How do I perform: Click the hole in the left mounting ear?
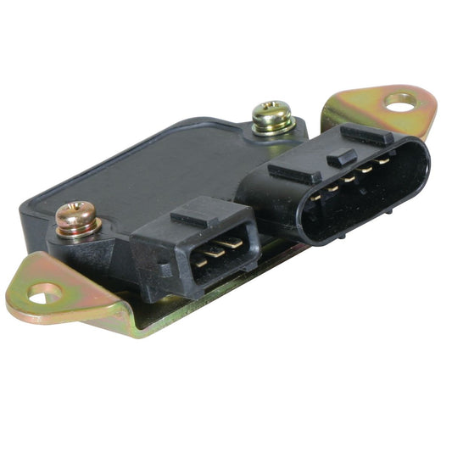(45, 293)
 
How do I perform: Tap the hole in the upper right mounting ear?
(400, 101)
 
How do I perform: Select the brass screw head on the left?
(76, 218)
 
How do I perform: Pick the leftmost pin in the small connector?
(201, 259)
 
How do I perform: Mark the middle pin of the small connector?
(218, 250)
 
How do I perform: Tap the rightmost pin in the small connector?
(235, 243)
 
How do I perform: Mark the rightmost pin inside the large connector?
(386, 159)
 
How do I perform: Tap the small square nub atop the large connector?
(341, 156)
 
